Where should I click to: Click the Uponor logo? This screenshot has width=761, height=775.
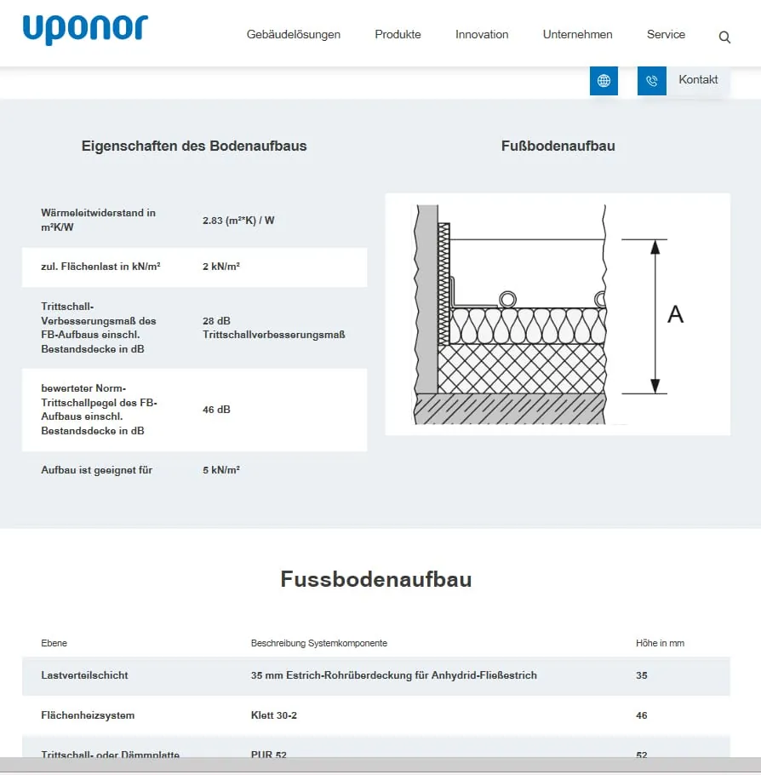(85, 30)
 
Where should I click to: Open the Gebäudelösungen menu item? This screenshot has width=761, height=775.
(294, 35)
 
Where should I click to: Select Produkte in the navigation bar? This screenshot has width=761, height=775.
(398, 35)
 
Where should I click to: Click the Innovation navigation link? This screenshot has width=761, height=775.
(482, 35)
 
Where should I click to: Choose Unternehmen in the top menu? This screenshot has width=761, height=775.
(577, 35)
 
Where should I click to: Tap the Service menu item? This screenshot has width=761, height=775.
(666, 35)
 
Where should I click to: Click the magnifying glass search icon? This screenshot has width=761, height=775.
(724, 37)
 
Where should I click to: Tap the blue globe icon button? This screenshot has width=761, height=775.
(604, 81)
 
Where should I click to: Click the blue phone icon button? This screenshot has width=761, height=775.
(651, 81)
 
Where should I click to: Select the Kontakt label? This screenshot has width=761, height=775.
(698, 80)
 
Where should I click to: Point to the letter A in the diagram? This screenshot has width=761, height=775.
(675, 314)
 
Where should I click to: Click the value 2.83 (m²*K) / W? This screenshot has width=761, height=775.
(238, 221)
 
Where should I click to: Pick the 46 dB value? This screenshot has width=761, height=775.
(216, 410)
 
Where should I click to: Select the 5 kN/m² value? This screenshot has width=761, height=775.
(220, 470)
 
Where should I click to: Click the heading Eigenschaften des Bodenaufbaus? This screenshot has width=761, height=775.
(194, 146)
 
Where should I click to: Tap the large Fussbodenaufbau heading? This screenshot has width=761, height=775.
(375, 580)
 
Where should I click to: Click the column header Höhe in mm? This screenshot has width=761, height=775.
(660, 643)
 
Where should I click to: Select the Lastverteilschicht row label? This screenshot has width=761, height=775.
(84, 675)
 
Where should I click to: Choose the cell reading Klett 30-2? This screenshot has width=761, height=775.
(273, 715)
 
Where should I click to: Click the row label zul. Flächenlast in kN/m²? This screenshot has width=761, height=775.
(100, 267)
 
